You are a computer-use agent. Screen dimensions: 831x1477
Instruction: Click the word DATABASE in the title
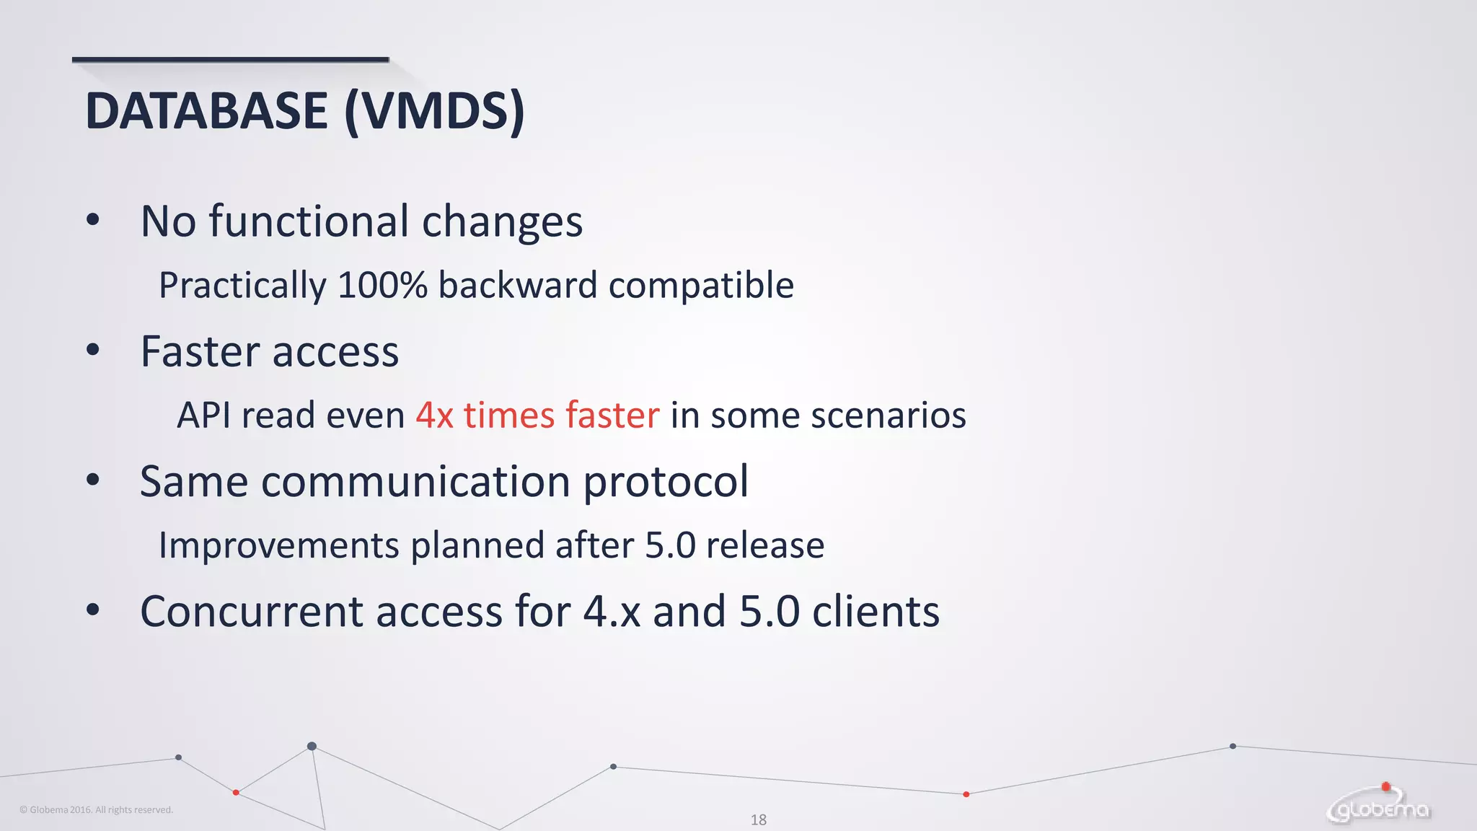click(206, 111)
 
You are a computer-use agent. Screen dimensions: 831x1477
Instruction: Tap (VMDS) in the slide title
click(434, 111)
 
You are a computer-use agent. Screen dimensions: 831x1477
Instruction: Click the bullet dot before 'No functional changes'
click(92, 219)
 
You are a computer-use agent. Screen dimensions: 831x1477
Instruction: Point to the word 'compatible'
click(701, 285)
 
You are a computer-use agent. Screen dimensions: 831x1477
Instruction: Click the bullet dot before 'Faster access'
click(92, 350)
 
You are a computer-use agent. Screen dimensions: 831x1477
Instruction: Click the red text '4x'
click(435, 415)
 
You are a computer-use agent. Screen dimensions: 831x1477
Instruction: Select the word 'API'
click(203, 415)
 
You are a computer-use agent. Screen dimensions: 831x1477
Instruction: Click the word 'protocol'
click(666, 482)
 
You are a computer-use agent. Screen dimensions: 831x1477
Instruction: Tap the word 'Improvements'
click(278, 545)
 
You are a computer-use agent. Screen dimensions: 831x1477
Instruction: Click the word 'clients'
click(876, 612)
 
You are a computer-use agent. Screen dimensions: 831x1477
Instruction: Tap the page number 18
click(758, 819)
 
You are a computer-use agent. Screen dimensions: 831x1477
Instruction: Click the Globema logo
click(1379, 806)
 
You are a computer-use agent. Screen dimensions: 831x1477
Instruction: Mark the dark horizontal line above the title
click(230, 59)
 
